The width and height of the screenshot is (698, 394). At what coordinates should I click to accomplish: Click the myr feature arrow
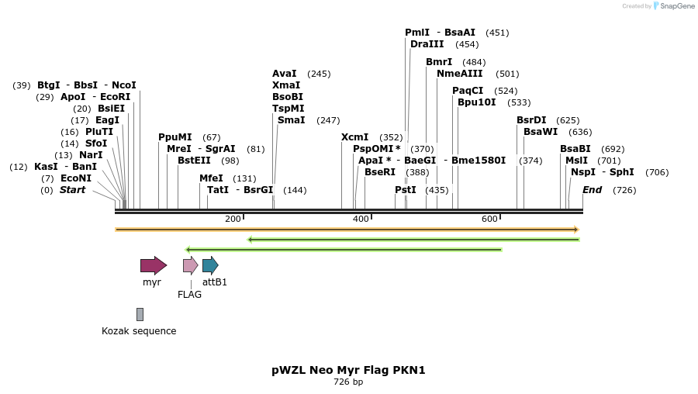tap(153, 265)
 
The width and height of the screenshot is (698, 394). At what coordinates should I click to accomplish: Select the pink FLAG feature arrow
tap(190, 265)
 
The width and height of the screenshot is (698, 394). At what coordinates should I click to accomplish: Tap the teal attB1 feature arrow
tap(210, 265)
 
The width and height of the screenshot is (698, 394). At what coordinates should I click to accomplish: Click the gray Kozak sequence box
tap(140, 314)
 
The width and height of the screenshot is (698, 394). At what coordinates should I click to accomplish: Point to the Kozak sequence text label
tap(139, 331)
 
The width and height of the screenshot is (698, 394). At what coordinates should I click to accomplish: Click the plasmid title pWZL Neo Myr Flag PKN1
tap(348, 370)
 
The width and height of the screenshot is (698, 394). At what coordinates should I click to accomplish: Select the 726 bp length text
tap(348, 382)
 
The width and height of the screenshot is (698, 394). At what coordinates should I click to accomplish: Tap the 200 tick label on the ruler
tap(233, 219)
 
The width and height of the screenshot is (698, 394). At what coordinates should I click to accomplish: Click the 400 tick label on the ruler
tap(361, 219)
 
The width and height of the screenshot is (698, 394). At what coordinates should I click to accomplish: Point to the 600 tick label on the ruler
tap(489, 219)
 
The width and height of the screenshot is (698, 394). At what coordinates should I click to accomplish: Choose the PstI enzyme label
tap(406, 190)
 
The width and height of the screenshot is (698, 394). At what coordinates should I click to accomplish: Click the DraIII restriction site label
tap(427, 44)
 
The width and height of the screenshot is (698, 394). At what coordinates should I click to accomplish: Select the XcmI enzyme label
tap(355, 137)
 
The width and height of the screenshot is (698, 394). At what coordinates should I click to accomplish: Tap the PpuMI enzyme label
tap(175, 137)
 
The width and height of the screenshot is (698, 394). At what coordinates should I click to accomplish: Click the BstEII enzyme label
tap(194, 161)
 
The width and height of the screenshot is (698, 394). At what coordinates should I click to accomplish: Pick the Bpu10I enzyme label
tap(476, 102)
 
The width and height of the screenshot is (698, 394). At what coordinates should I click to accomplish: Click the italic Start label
tap(72, 190)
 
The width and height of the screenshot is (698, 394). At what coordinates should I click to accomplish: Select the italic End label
tap(592, 190)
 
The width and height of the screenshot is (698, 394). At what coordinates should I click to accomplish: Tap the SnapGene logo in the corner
tap(672, 6)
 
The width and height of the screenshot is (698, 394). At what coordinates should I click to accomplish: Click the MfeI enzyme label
tap(211, 178)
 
